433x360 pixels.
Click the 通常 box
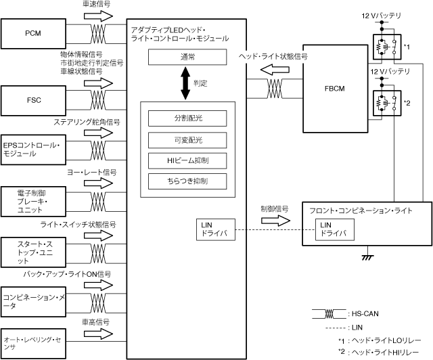[187, 57]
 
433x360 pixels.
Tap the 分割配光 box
[187, 118]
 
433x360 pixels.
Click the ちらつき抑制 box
[187, 181]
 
